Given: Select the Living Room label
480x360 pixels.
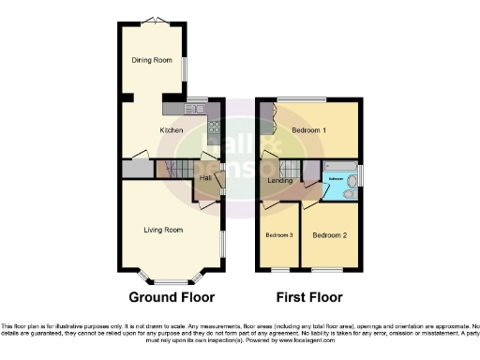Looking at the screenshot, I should (x=162, y=230).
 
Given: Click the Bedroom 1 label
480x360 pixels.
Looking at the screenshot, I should (x=308, y=129).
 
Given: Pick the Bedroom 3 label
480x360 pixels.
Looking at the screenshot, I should (x=278, y=234).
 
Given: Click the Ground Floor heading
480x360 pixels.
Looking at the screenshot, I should (x=172, y=297).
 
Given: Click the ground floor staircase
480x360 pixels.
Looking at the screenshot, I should (x=173, y=171).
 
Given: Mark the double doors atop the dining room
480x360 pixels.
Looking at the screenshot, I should (x=152, y=21).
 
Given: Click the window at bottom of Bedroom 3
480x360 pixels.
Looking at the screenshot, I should (x=277, y=269).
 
